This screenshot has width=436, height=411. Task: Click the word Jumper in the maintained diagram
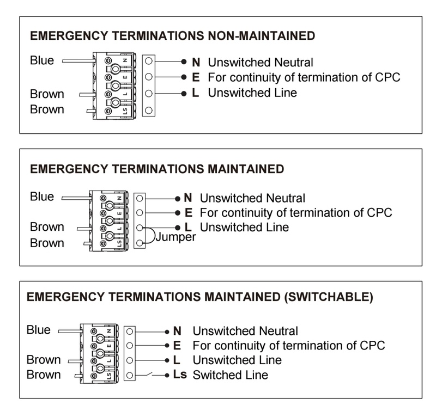pos(175,237)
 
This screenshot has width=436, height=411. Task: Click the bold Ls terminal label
pos(180,375)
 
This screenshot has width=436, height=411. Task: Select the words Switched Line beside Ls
pos(230,375)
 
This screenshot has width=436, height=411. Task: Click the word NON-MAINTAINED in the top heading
pos(262,36)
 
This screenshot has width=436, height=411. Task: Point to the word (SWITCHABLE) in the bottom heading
pos(329,297)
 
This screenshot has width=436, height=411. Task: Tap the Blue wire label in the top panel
pos(42,60)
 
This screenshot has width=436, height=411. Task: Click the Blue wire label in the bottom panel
pos(39,330)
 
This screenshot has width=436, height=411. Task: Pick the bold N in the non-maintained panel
pos(196,62)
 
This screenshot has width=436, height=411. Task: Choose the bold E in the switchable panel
pos(177,346)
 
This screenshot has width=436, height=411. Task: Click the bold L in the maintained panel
pos(188,227)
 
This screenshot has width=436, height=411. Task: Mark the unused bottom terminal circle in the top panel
pos(149,111)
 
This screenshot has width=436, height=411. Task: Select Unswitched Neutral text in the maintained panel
pos(252,198)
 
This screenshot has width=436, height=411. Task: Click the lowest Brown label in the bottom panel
pos(44,375)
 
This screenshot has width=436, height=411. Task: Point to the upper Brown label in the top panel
pos(47,94)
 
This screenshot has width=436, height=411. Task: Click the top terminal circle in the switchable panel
pos(129,332)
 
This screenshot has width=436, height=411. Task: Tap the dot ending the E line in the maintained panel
pos(178,213)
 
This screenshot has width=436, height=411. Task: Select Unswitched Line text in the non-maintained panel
pos(252,93)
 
